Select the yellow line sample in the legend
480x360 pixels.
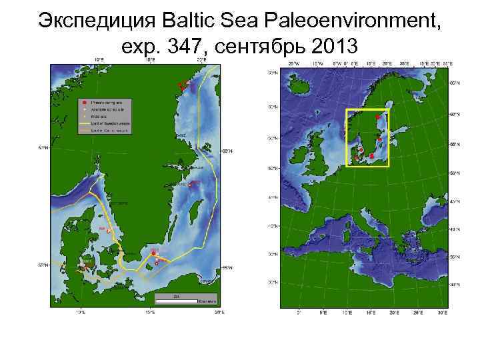click(x=84, y=124)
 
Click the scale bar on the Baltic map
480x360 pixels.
click(x=177, y=300)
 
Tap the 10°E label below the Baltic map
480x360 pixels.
click(x=81, y=311)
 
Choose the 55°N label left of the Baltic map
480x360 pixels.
click(x=43, y=265)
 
